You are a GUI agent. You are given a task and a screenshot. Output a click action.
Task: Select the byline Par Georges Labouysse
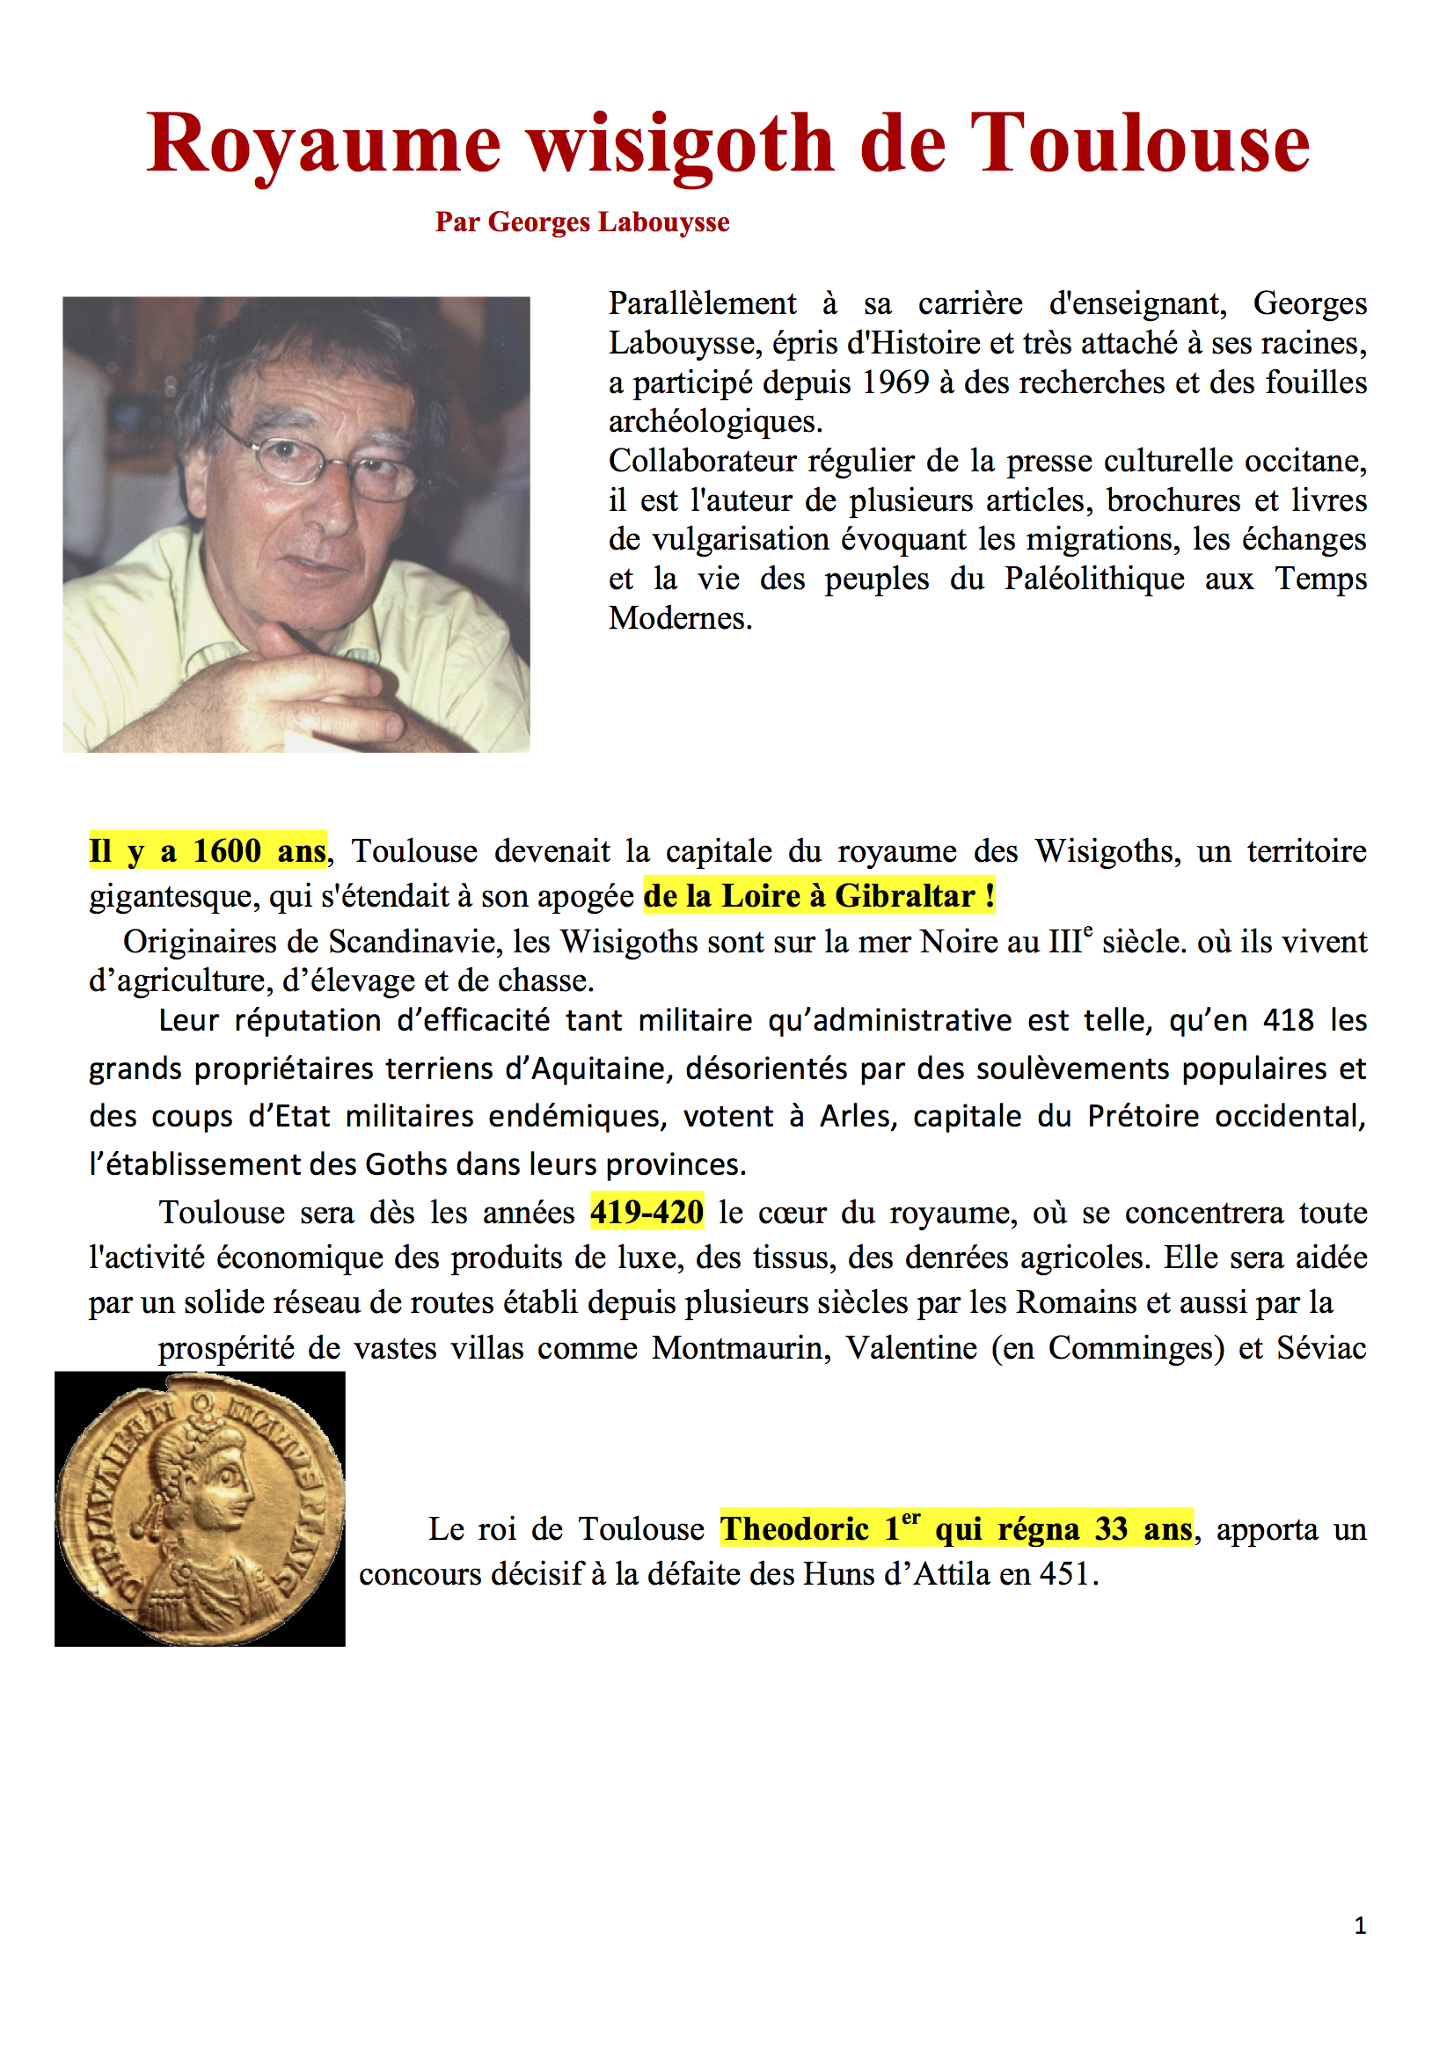(x=582, y=222)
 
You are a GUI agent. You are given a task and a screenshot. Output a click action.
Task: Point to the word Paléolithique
(x=1093, y=579)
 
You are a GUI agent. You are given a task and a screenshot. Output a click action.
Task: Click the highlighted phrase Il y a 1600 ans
(x=207, y=850)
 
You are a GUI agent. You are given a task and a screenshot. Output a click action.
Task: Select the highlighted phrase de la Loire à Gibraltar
(x=819, y=895)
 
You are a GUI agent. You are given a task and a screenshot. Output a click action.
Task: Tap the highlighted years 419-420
(x=646, y=1212)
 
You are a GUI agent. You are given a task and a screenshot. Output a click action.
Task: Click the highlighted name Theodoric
(x=794, y=1528)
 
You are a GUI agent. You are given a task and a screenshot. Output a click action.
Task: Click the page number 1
(x=1360, y=1925)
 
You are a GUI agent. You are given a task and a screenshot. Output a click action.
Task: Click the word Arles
(x=858, y=1116)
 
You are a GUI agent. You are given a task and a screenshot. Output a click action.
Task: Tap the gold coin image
(x=200, y=1510)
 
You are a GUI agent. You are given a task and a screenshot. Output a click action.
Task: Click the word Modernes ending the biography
(x=680, y=618)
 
